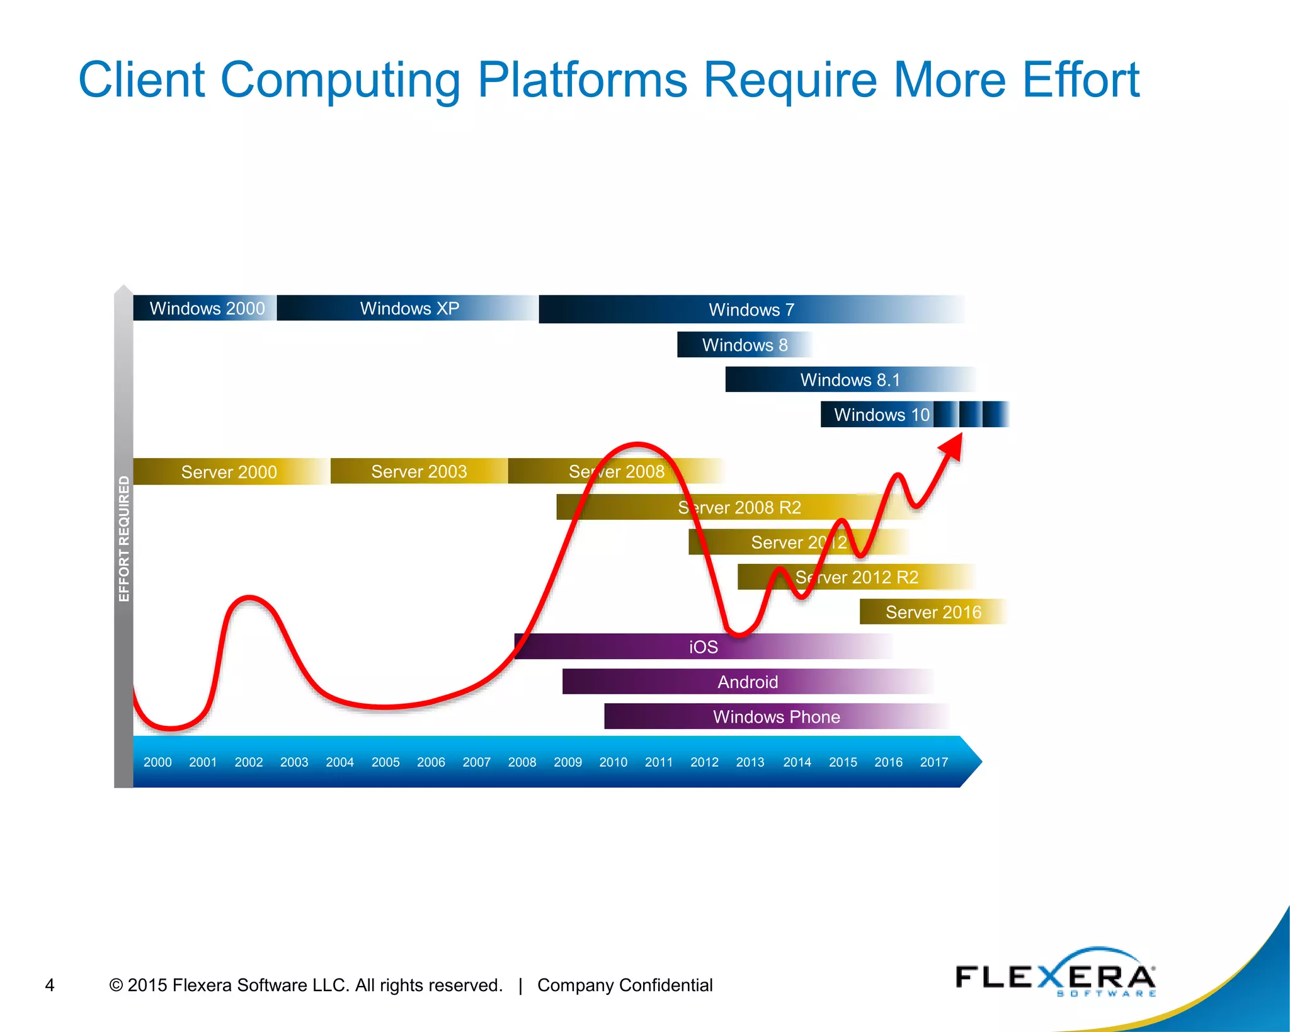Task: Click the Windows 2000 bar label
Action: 207,308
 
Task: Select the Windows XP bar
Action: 409,308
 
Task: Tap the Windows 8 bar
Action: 745,345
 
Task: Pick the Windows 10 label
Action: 881,415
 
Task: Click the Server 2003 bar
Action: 419,471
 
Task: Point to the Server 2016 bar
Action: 933,612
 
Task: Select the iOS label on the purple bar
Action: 703,647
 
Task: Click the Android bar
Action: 748,682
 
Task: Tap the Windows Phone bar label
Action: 776,717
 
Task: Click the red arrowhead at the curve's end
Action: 953,447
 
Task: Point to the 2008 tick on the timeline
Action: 522,762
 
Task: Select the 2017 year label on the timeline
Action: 933,762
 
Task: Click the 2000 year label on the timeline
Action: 157,762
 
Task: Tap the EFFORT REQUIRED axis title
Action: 124,539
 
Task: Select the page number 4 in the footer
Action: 50,985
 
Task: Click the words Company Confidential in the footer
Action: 624,985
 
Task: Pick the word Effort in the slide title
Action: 1080,80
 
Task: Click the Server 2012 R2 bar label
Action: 857,577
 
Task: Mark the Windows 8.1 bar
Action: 850,380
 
